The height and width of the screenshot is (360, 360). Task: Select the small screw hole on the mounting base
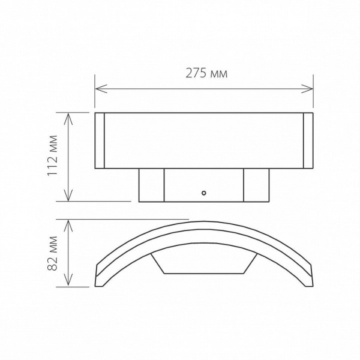204,193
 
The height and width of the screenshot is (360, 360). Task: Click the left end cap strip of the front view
100,140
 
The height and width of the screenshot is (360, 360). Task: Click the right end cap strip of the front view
308,140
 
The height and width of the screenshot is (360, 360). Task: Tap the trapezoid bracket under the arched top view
204,264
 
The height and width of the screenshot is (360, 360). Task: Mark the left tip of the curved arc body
98,280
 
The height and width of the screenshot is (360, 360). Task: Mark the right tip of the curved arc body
310,280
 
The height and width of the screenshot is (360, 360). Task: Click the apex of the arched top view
204,224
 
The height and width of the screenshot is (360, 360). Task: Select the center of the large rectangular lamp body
204,140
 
